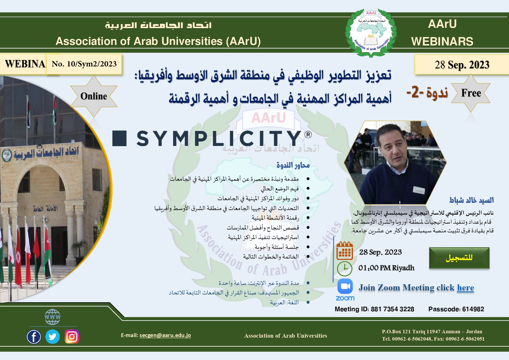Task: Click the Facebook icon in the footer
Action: point(34,337)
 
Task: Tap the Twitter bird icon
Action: point(52,337)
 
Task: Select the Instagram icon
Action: point(72,337)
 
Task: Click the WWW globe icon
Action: point(52,317)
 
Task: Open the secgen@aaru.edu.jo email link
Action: point(165,335)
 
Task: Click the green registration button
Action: point(459,258)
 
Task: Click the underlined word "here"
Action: point(465,287)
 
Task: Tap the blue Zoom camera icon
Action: point(345,286)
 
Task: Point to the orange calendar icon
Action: point(345,251)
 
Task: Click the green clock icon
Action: point(345,269)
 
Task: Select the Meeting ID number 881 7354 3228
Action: point(392,309)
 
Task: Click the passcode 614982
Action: point(473,309)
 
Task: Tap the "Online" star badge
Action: point(94,96)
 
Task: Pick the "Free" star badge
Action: point(471,93)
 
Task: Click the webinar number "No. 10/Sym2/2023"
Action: point(84,64)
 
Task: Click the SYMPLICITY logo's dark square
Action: point(119,138)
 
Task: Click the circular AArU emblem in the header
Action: point(371,33)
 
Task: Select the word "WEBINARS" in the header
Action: point(442,41)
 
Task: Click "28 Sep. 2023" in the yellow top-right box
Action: point(462,65)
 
